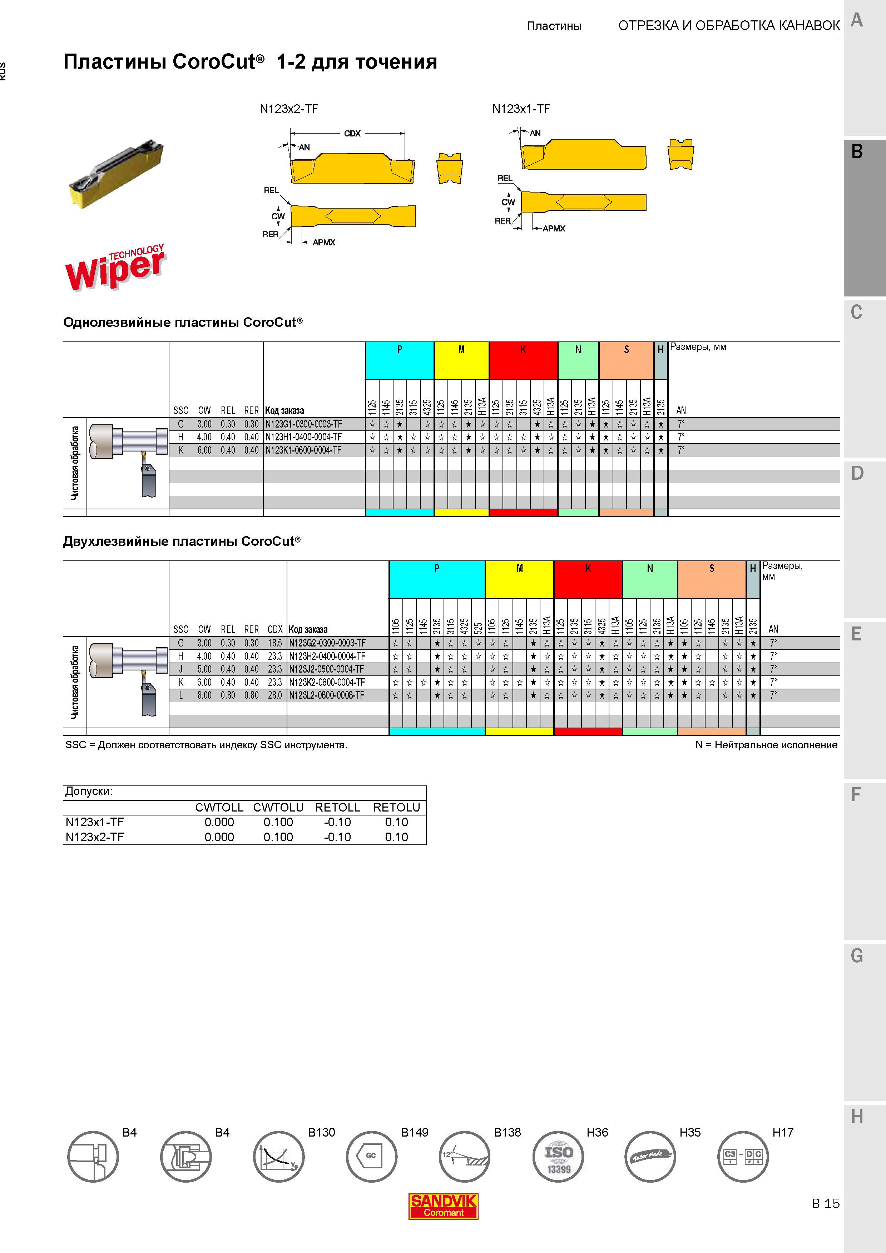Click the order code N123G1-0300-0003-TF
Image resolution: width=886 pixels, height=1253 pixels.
coord(303,424)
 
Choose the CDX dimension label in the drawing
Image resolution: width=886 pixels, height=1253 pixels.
coord(352,133)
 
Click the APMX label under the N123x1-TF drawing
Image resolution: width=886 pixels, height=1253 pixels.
coord(554,229)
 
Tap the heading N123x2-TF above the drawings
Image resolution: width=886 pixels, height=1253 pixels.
coord(289,109)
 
